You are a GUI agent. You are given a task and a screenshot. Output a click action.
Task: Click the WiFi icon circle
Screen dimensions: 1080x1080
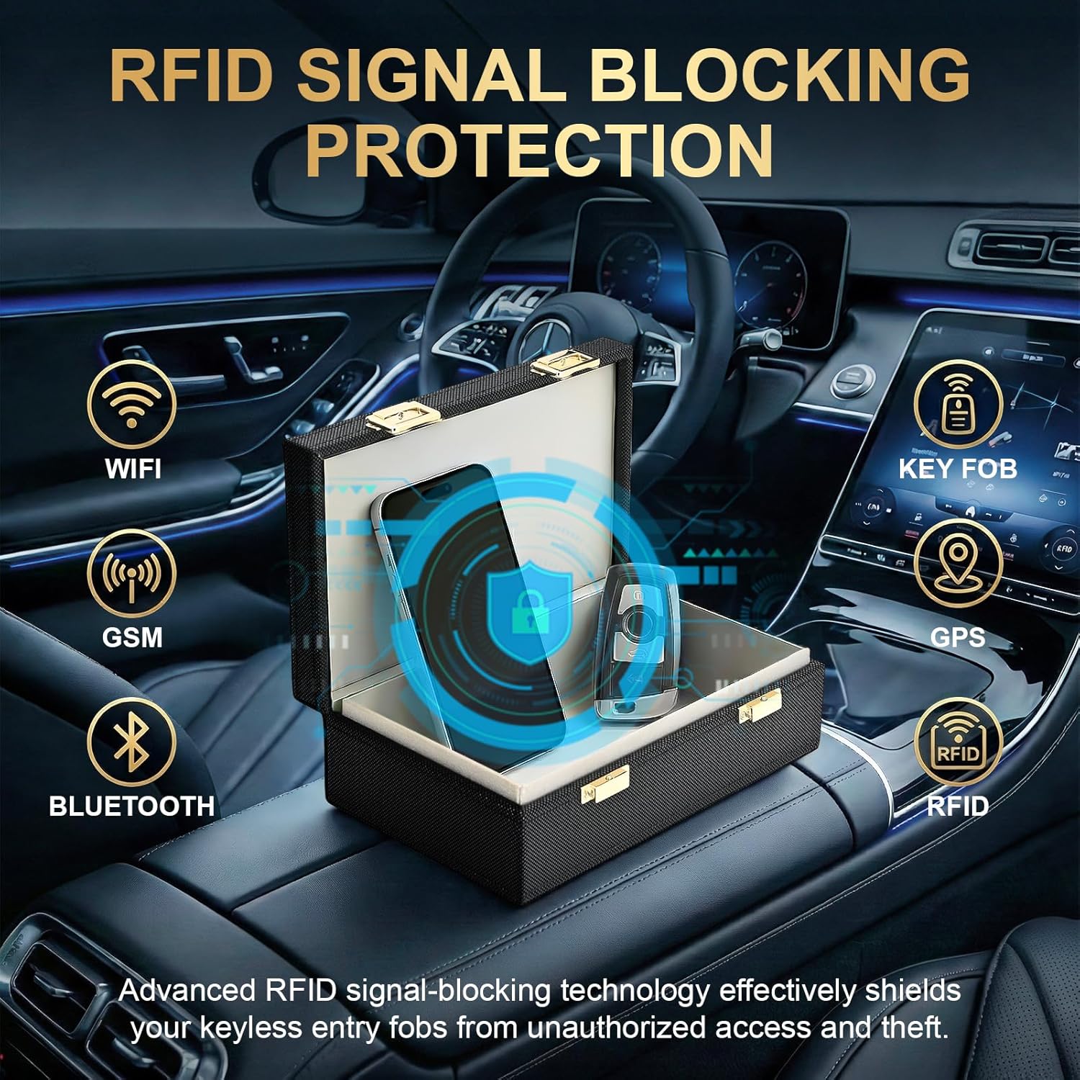tap(132, 405)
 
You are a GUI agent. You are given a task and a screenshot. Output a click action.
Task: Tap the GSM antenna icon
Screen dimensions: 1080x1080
tap(132, 574)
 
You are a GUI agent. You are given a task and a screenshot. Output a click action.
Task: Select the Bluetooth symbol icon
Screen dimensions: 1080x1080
tap(132, 742)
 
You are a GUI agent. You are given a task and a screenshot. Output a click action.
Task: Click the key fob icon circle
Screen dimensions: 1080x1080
tap(958, 405)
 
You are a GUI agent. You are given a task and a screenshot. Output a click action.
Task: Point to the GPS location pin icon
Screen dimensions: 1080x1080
tap(958, 564)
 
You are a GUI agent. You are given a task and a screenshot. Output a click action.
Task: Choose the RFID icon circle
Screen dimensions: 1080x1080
tap(958, 742)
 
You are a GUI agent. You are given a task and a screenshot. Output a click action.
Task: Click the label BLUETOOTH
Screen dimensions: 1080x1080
tap(132, 806)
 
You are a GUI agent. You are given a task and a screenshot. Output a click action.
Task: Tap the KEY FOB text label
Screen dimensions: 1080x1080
tap(958, 469)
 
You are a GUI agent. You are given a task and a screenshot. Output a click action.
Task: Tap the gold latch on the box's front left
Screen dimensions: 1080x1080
tap(605, 783)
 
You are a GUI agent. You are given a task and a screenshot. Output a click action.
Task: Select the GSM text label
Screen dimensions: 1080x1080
tap(132, 637)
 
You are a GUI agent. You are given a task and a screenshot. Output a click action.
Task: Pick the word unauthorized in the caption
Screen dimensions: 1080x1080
tap(616, 1027)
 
